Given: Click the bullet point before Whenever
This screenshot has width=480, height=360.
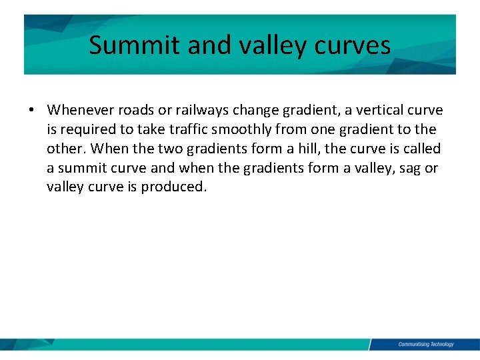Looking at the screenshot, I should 31,110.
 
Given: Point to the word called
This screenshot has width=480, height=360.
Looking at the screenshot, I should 423,149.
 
